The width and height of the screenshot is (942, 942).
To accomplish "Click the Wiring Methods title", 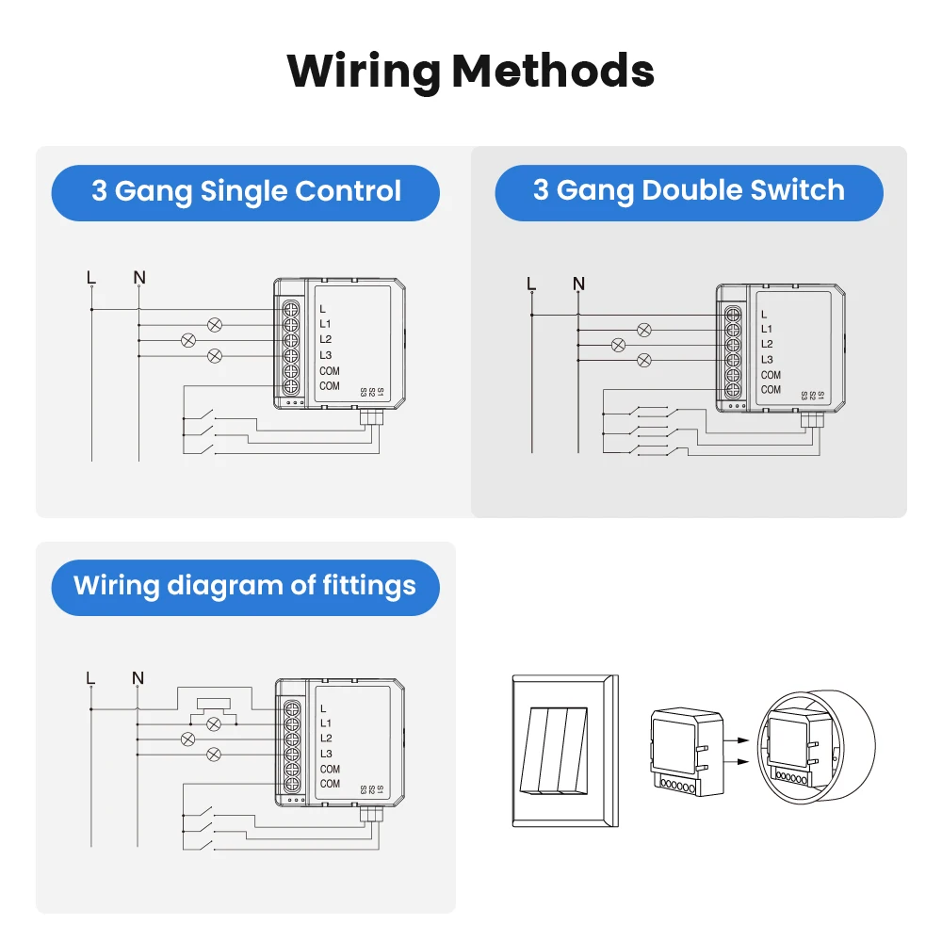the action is tap(470, 71).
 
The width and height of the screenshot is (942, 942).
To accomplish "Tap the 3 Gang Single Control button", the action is tap(246, 191).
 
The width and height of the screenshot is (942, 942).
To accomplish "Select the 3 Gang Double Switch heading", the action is tap(689, 190).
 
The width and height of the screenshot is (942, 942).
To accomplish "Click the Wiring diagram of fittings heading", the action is tap(245, 585).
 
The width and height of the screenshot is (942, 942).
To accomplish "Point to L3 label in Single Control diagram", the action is tap(326, 355).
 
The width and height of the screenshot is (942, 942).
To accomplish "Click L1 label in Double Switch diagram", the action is tap(767, 329).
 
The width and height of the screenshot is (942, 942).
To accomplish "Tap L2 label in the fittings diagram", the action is tap(326, 738).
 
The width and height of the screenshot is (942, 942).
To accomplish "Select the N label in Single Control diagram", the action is tap(139, 277).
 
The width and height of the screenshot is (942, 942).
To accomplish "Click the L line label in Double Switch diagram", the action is tap(531, 284).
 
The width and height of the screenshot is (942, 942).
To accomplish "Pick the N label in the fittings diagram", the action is tap(138, 677).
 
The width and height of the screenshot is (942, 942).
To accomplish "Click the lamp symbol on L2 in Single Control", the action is tap(188, 339).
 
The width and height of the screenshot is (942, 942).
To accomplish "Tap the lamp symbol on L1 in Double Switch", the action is tap(644, 330).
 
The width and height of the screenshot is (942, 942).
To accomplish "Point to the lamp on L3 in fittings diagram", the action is tap(215, 753).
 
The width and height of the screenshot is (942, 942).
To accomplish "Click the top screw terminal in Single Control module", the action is tap(291, 308).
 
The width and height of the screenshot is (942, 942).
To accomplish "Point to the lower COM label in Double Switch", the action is tap(771, 389).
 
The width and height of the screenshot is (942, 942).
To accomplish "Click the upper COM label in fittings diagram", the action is tap(330, 769).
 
